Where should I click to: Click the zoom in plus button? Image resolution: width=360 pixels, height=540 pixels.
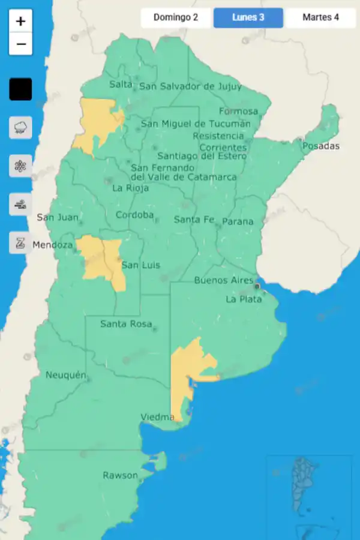point(20,22)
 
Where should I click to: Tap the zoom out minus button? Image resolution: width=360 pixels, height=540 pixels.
point(20,44)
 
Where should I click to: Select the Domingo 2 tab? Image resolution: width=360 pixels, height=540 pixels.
point(176,17)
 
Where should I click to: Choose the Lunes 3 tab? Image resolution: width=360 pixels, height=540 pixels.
point(248,17)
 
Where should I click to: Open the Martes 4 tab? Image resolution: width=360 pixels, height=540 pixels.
point(320,17)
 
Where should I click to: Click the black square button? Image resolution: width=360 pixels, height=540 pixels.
point(20,89)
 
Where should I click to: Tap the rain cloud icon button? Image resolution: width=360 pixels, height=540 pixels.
point(20,127)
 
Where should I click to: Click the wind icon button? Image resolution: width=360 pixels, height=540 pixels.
point(20,205)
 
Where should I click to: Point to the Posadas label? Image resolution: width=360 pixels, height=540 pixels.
point(321,146)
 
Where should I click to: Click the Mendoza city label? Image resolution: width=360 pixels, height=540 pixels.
point(53,245)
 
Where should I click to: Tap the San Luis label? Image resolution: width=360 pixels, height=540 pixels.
point(141,265)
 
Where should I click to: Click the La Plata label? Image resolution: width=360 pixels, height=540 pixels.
point(244,299)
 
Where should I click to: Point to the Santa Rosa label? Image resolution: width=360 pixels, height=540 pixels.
point(126,324)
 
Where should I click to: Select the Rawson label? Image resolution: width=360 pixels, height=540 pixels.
point(120,475)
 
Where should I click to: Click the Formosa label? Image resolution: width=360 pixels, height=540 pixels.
point(238,111)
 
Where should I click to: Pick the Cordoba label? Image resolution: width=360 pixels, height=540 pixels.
point(134,215)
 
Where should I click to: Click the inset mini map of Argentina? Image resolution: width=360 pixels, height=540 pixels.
point(310,496)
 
